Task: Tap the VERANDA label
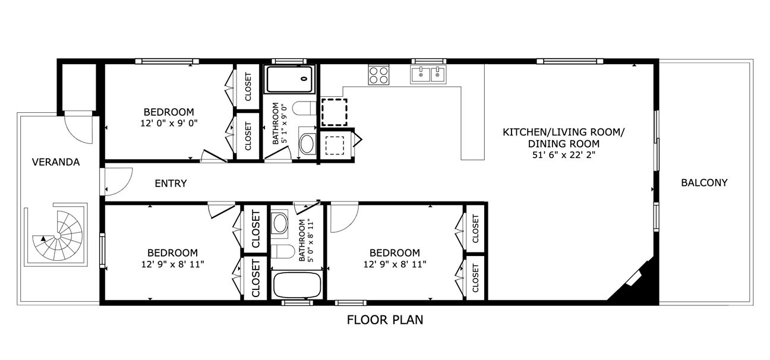click(56, 162)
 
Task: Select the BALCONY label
click(704, 182)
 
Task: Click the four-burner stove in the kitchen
click(378, 75)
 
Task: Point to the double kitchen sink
click(428, 74)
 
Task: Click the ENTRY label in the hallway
click(171, 184)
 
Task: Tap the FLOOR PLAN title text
click(385, 320)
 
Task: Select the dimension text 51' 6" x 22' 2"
click(564, 155)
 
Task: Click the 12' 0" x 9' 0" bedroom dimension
click(169, 123)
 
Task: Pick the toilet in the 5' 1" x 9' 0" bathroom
click(305, 108)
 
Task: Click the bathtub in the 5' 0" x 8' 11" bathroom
click(297, 285)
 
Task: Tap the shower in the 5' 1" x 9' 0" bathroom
click(290, 79)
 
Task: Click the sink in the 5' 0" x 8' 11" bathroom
click(279, 223)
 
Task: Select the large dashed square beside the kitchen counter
click(334, 112)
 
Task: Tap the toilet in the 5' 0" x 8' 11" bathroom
click(282, 252)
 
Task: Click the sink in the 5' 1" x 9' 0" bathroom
click(307, 143)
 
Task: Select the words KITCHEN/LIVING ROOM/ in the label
click(563, 132)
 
